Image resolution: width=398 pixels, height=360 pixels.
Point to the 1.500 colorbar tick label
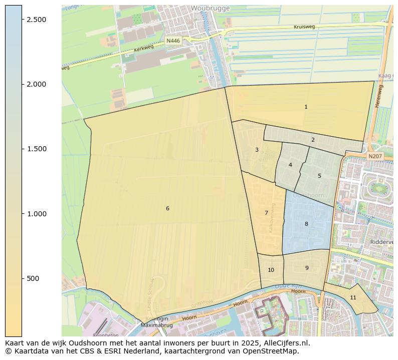click(x=36, y=149)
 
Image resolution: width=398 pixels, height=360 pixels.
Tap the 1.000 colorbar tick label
click(x=36, y=214)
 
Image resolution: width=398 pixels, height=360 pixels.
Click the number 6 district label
click(x=167, y=208)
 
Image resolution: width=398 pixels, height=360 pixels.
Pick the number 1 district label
click(x=306, y=107)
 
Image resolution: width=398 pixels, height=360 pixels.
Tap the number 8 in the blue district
click(x=306, y=224)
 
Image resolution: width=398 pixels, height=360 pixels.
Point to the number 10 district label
click(x=271, y=270)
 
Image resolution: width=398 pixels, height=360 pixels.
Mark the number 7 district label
click(x=266, y=213)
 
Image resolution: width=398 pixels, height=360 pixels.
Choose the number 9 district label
click(x=307, y=268)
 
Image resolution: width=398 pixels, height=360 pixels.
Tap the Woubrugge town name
click(x=210, y=9)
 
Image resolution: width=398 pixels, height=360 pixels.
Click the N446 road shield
click(x=173, y=41)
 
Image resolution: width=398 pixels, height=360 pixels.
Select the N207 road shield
click(x=374, y=156)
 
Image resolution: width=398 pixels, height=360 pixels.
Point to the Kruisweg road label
click(x=304, y=27)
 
